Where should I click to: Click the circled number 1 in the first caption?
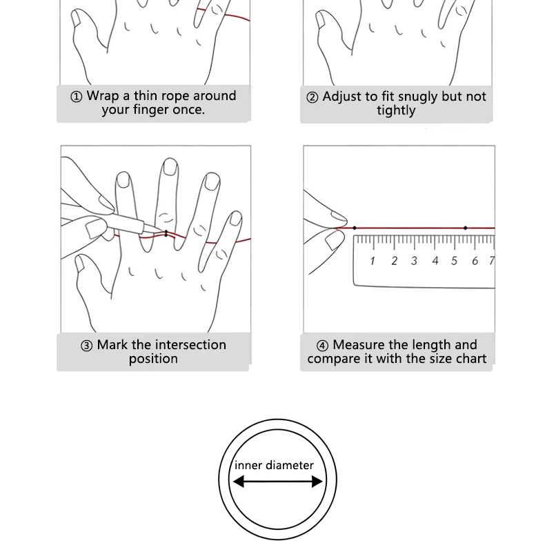click(77, 97)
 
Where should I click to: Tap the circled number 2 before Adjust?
click(313, 97)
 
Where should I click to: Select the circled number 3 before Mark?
click(87, 346)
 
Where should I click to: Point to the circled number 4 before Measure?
click(322, 346)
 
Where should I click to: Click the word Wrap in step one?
click(103, 96)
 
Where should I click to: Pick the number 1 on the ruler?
click(373, 261)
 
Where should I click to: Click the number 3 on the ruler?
click(414, 261)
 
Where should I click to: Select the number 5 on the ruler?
click(454, 261)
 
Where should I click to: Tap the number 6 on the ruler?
click(475, 261)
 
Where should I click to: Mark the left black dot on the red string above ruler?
click(355, 228)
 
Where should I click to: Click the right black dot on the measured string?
click(466, 228)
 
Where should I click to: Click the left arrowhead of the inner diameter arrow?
click(239, 481)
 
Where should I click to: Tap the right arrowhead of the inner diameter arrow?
click(317, 481)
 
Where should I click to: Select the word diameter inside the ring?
click(290, 465)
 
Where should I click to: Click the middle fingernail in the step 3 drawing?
click(170, 167)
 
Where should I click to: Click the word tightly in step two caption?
click(396, 110)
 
